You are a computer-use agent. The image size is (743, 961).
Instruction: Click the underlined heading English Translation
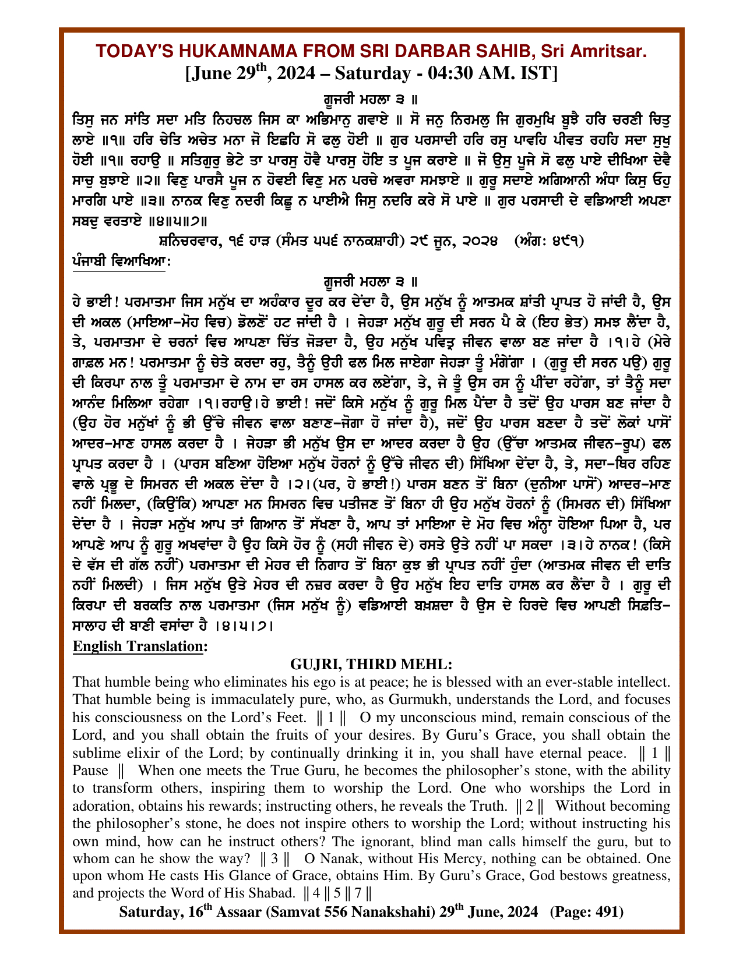(x=139, y=646)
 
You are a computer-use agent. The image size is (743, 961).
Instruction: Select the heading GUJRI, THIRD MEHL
(x=371, y=664)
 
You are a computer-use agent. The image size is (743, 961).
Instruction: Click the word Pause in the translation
(x=90, y=771)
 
